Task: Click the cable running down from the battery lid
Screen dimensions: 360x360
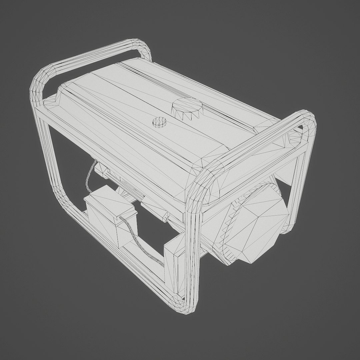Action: pyautogui.click(x=135, y=233)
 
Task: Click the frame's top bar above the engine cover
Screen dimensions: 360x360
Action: pyautogui.click(x=253, y=147)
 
